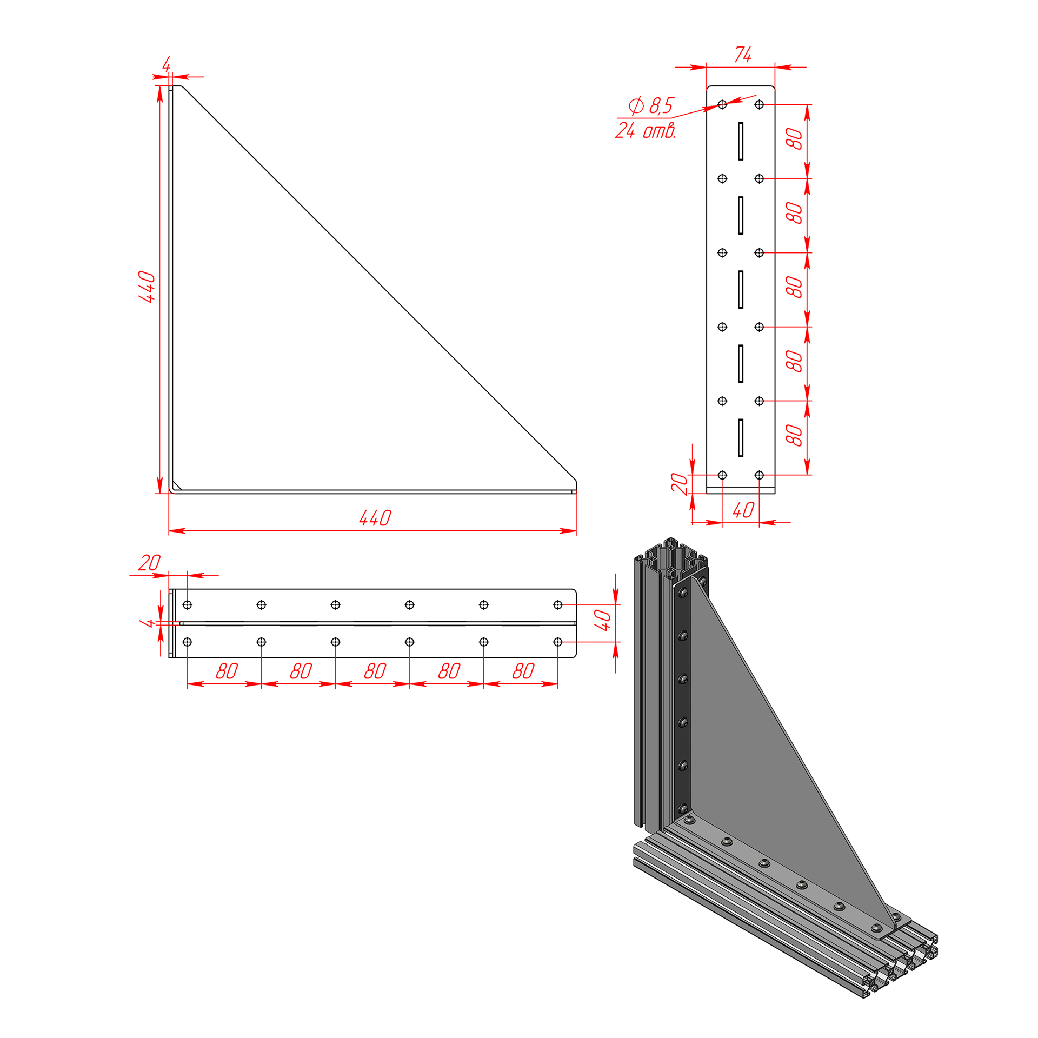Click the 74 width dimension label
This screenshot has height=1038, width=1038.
point(743,55)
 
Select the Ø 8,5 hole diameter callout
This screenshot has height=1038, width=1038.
point(651,105)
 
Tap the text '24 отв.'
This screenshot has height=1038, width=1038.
point(646,130)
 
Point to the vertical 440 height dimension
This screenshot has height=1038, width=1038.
point(147,287)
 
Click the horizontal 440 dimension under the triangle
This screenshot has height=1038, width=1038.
point(375,518)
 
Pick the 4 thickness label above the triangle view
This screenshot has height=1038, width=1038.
point(167,64)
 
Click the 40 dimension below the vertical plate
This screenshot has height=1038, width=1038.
point(743,510)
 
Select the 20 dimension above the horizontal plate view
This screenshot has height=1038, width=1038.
point(149,563)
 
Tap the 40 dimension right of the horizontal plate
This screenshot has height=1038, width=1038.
point(602,620)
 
